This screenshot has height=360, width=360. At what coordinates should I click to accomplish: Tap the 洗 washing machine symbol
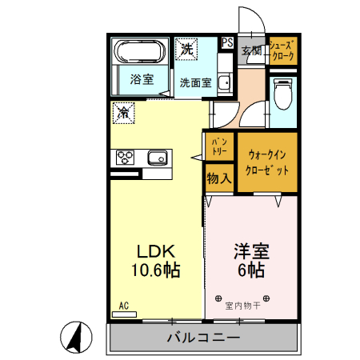tap(187, 48)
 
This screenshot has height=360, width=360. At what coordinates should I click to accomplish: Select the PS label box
tap(227, 43)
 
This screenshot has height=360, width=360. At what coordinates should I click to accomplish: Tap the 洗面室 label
tap(194, 82)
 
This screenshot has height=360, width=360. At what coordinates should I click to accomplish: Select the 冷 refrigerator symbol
tap(125, 113)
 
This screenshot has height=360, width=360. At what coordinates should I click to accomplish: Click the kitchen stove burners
tap(126, 156)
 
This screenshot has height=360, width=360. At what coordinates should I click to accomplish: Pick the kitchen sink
tap(157, 157)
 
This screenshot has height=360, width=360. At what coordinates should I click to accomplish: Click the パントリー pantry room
tap(218, 146)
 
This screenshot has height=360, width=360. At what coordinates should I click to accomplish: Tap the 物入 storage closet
tap(218, 178)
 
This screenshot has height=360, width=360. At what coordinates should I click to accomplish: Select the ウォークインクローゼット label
tap(267, 164)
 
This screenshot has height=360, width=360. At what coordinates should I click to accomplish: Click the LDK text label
tap(154, 250)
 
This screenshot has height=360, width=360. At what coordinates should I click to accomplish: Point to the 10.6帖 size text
tap(155, 270)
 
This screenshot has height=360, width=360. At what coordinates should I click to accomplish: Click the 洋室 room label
tap(250, 250)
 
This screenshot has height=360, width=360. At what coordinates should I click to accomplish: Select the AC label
tap(124, 306)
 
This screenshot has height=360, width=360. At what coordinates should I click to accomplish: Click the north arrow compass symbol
tap(74, 339)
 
